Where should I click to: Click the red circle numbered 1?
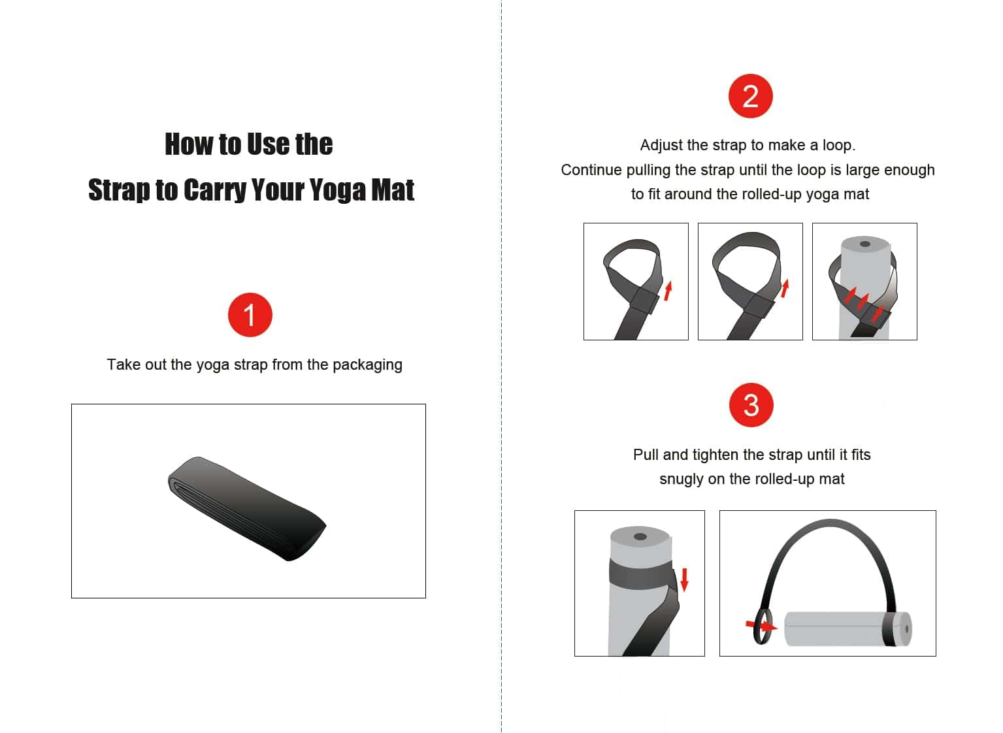(250, 315)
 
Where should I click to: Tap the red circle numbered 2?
(751, 96)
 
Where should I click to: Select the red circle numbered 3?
(751, 405)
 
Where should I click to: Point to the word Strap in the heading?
(119, 190)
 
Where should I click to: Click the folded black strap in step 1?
(247, 508)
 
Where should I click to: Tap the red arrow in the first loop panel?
(668, 291)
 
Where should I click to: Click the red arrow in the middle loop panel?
(785, 288)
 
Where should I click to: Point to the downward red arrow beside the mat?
(684, 580)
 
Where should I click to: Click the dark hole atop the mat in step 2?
(865, 244)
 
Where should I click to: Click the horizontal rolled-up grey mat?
(848, 628)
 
